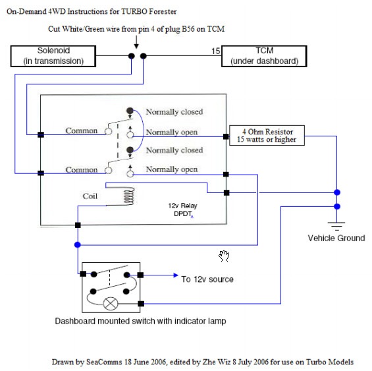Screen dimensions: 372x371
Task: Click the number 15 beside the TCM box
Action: tap(216, 51)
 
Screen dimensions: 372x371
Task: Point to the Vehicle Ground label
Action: tap(336, 238)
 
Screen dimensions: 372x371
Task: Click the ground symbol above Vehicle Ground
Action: tap(336, 226)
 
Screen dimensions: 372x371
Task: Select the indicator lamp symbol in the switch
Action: tap(111, 304)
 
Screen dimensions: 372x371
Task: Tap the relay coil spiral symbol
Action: tap(129, 196)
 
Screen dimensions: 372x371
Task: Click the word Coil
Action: tap(90, 196)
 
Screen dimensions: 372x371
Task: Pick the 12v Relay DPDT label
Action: tap(182, 210)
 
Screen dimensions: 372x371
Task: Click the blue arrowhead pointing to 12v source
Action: tap(176, 275)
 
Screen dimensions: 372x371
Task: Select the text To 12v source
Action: tap(207, 279)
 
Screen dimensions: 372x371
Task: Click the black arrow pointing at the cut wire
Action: tap(136, 42)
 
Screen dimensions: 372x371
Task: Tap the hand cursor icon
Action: tap(224, 256)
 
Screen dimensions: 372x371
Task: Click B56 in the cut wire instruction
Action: tap(188, 29)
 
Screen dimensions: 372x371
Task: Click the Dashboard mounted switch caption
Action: tap(140, 321)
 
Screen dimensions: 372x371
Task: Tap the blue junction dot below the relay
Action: tap(78, 244)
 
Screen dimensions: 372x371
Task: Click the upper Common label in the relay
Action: tap(82, 130)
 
